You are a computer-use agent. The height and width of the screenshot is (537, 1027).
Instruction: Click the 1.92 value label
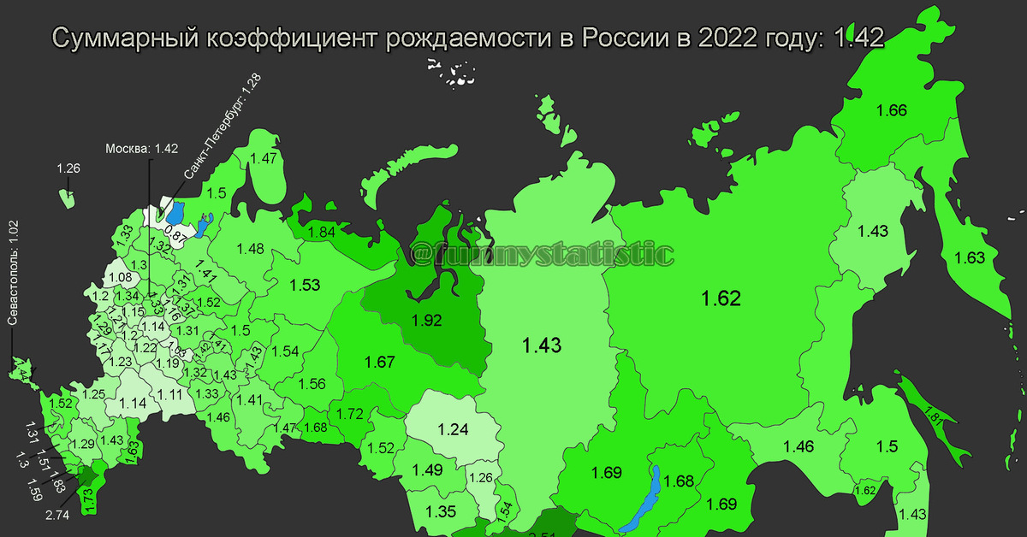[x=426, y=322]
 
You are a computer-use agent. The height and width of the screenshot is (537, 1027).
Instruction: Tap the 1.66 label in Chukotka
[x=891, y=110]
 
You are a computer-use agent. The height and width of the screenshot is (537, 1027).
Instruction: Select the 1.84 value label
[x=321, y=232]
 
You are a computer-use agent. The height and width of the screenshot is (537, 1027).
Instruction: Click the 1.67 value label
[x=378, y=362]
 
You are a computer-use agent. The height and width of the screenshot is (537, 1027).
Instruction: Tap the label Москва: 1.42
[x=141, y=149]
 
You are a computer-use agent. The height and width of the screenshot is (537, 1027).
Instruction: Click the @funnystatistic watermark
[x=541, y=254]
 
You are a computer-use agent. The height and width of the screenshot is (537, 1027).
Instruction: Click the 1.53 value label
[x=305, y=284]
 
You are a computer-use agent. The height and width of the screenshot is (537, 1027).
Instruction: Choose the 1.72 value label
[x=350, y=414]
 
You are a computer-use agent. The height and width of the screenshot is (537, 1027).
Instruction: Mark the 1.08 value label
[x=121, y=277]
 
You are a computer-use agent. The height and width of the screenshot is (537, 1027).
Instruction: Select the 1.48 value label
[x=251, y=249]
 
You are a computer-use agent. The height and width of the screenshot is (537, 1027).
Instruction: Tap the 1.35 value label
[x=441, y=512]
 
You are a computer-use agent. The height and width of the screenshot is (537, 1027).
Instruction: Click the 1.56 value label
[x=312, y=384]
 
